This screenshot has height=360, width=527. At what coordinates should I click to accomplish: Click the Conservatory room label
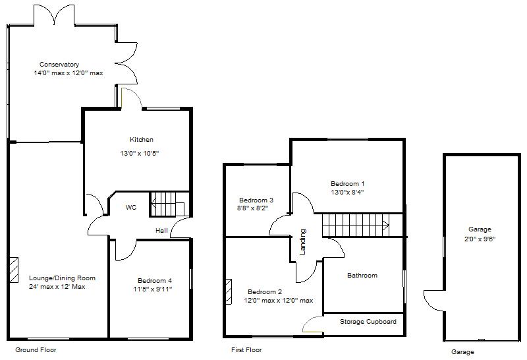59,64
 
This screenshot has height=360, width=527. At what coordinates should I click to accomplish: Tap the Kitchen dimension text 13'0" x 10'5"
139,154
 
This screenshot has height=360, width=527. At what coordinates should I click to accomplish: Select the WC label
131,207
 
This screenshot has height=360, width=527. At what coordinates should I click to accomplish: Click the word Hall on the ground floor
161,231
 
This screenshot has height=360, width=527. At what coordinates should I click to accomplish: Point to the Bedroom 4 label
155,281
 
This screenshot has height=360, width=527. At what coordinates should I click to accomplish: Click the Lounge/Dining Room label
62,278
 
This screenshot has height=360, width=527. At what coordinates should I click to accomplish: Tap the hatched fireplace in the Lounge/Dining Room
14,270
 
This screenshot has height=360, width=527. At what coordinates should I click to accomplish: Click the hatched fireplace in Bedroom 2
229,291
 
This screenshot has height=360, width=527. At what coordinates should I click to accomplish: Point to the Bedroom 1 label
348,184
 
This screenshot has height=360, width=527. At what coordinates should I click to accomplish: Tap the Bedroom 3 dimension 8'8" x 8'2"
253,208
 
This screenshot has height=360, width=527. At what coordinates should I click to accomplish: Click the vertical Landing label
303,241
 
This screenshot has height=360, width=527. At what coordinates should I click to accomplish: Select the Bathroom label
362,275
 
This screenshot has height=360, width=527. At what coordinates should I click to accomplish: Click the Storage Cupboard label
368,322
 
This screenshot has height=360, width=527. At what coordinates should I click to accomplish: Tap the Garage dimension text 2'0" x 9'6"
480,239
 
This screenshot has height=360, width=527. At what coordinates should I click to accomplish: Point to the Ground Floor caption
36,350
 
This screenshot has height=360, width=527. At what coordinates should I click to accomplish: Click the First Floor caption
246,350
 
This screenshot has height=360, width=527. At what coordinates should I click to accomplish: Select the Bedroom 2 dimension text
278,301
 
